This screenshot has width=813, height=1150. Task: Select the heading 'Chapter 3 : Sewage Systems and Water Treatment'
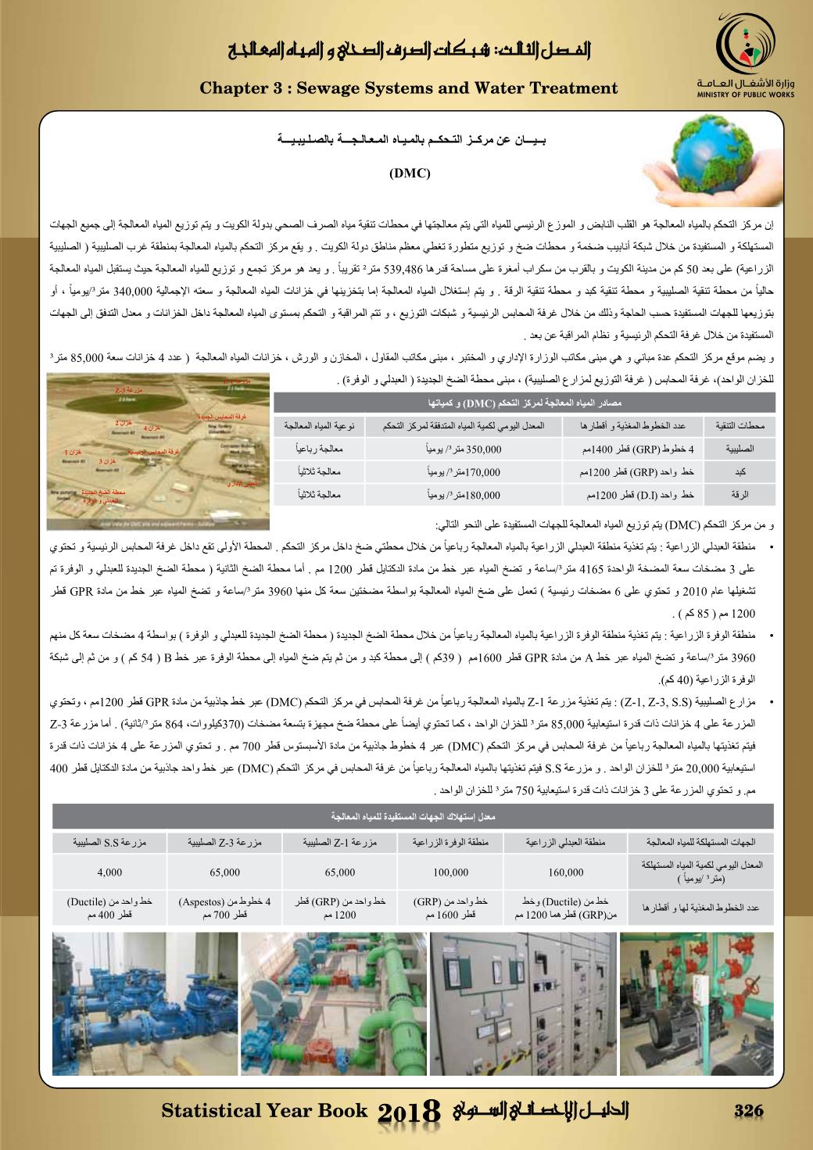coord(409,88)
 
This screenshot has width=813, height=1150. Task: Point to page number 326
coord(747,1111)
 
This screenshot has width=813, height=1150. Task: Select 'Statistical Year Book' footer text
coord(263,1111)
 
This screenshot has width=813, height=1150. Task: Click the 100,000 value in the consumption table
coord(450,872)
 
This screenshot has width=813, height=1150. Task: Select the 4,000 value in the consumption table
coord(110,872)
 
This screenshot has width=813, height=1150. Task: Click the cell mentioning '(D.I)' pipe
coord(634,495)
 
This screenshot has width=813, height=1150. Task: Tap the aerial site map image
coord(159,442)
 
